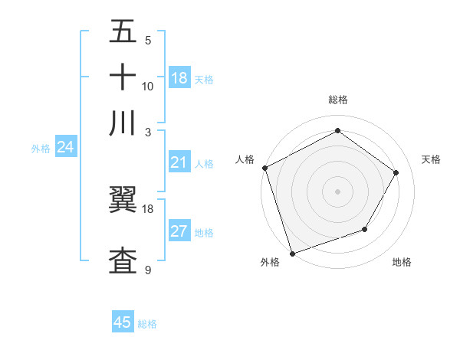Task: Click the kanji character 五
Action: coord(123,31)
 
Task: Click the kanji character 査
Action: coord(123,260)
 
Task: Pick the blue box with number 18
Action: coord(179,78)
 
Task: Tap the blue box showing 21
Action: coord(179,162)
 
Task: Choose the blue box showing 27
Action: coord(179,232)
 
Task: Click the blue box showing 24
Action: coord(65,147)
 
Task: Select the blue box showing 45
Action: coord(123,322)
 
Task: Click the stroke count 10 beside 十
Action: coord(148,86)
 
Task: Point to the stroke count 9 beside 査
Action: coord(148,270)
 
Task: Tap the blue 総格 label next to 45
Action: coord(147,324)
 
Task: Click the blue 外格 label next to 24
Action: coord(40,149)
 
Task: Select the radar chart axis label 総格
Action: coord(337,100)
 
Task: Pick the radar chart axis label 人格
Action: coord(245,159)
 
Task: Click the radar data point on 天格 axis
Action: coord(396,172)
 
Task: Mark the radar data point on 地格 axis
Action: coord(365,229)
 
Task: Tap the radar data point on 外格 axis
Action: coord(292,253)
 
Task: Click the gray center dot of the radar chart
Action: coord(337,191)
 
